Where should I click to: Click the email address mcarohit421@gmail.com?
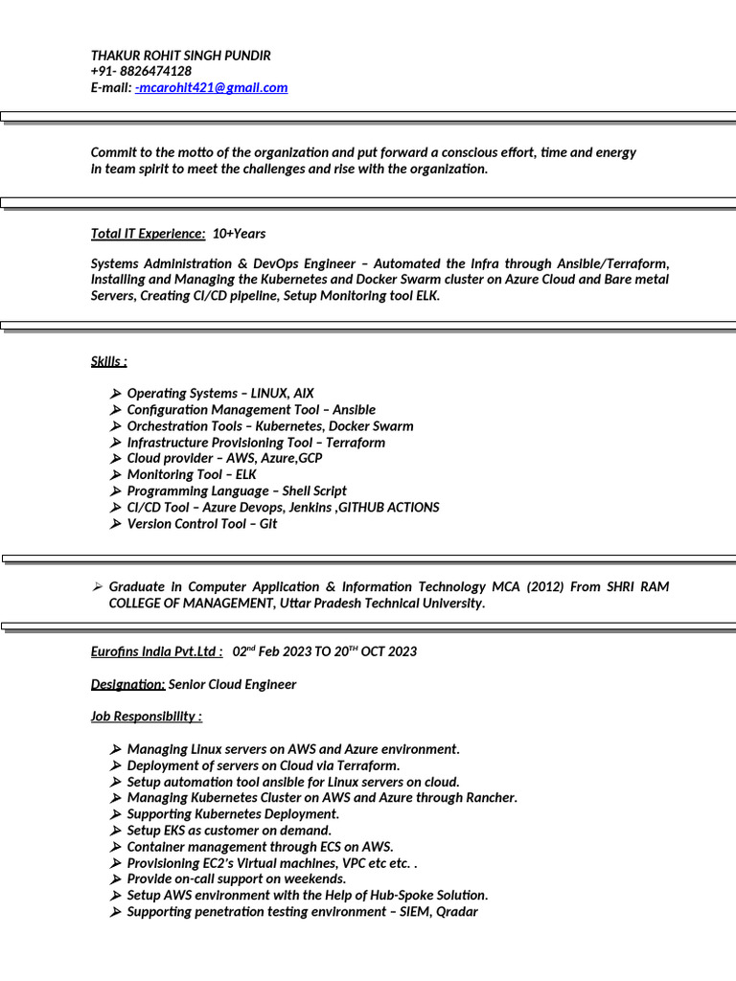click(213, 87)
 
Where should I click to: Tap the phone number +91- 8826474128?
click(141, 71)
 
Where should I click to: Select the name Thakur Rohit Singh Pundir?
click(180, 56)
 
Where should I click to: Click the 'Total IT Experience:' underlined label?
click(148, 234)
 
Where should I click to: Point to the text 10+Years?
click(239, 234)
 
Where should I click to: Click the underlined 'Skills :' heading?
click(108, 361)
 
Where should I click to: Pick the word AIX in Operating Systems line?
click(303, 394)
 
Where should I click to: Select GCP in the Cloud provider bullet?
click(310, 458)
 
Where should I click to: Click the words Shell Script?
click(314, 490)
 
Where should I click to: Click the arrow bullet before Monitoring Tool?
click(115, 474)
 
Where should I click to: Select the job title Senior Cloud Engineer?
click(232, 684)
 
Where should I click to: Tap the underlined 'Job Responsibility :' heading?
click(146, 717)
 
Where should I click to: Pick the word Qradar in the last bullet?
click(457, 911)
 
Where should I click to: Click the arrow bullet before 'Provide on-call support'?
click(115, 878)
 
